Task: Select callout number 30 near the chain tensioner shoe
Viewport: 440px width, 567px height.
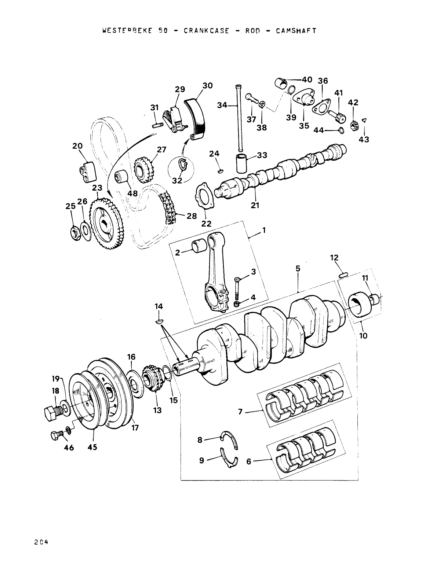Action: (x=207, y=85)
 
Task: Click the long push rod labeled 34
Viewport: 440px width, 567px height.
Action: (x=240, y=117)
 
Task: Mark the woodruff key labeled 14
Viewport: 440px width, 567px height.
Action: (x=159, y=321)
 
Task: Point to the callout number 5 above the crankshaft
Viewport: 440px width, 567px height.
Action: (x=298, y=269)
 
